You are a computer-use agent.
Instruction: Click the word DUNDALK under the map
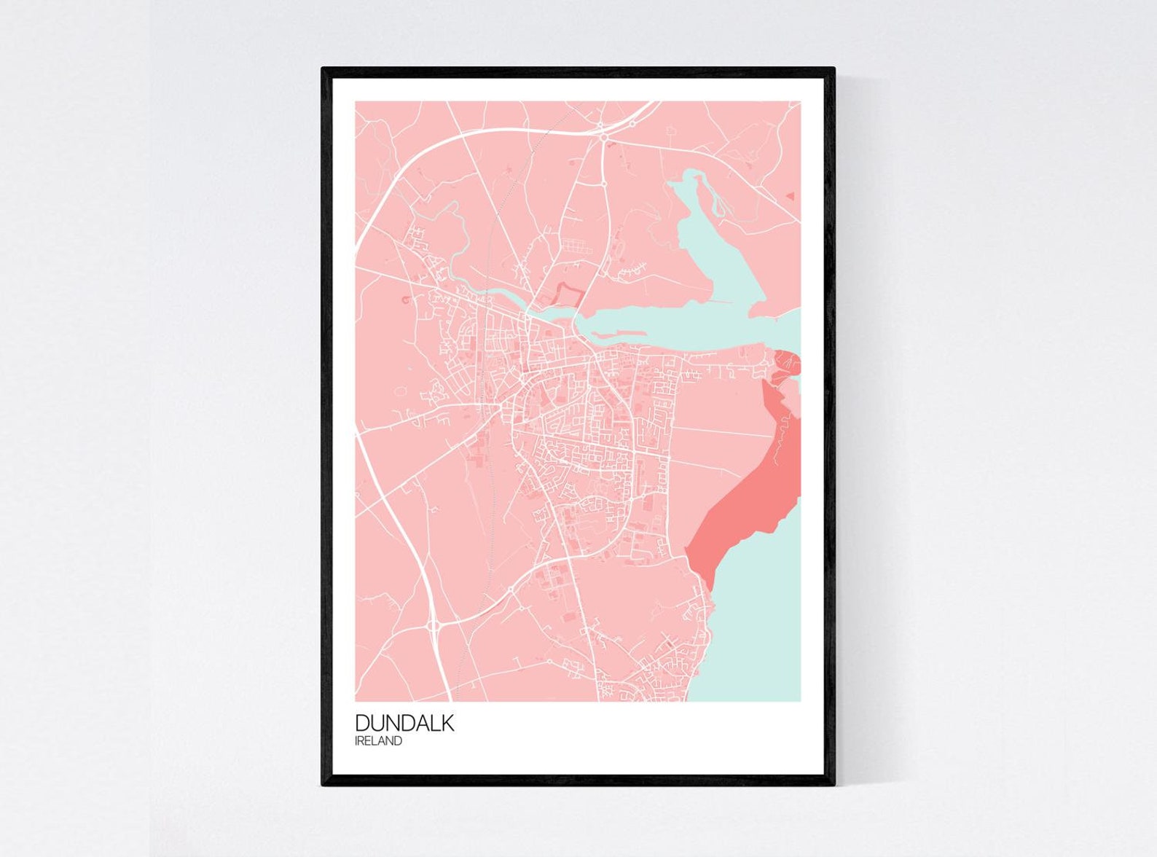click(x=404, y=723)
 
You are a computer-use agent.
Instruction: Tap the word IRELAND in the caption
click(x=378, y=741)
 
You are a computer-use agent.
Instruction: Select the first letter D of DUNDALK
click(x=362, y=723)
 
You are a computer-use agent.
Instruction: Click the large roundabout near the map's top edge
click(x=603, y=136)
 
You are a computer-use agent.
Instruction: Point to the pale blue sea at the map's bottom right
click(x=758, y=641)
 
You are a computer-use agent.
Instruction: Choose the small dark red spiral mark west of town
click(x=402, y=300)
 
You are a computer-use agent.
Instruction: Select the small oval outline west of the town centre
click(x=399, y=392)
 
